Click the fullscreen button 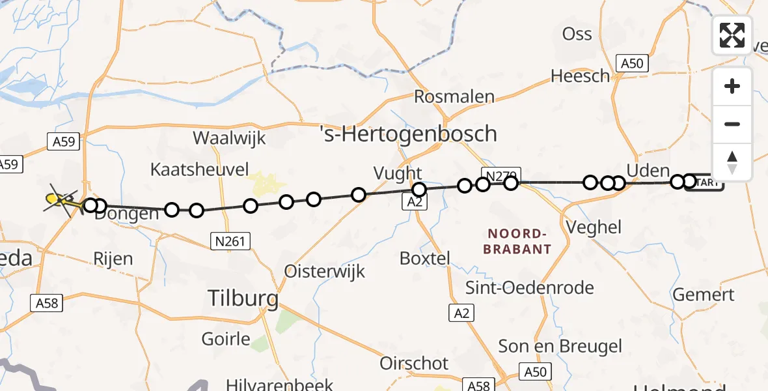[732, 35]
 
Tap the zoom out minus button [732, 124]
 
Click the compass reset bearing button [732, 162]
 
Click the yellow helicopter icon [59, 199]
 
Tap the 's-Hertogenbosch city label [409, 134]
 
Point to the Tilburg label [243, 299]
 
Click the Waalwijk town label [229, 138]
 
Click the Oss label [577, 34]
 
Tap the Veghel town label [594, 227]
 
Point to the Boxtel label [425, 258]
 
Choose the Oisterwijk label [325, 271]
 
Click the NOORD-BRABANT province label [519, 241]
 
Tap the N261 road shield [230, 242]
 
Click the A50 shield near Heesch [632, 63]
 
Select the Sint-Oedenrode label [530, 287]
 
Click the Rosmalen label [454, 97]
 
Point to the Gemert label [704, 295]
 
